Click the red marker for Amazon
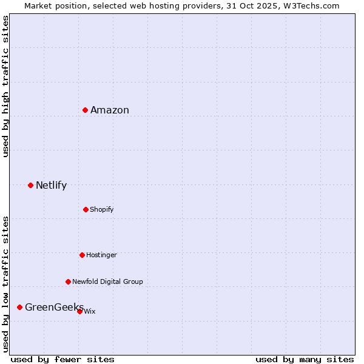coord(86,110)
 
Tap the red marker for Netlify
coord(30,185)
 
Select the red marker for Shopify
coord(86,209)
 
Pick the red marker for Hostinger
coord(82,255)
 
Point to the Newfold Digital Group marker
coord(68,281)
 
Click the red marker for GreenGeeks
coord(19,307)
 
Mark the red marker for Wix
coord(79,311)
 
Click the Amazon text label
coord(110,110)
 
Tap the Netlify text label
coord(51,185)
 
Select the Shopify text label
coord(102,209)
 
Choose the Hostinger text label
coord(101,255)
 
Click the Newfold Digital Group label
coord(107,281)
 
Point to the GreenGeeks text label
coord(54,307)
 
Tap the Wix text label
coord(90,311)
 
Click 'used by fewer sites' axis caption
coord(62,359)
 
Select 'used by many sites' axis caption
coord(305,359)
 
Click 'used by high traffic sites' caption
coord(5,86)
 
